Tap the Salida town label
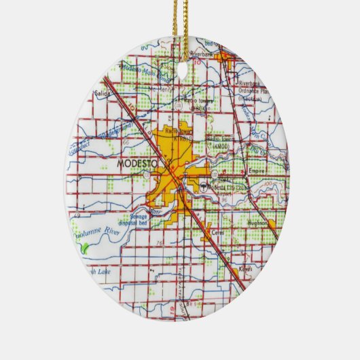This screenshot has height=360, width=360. pos(104,92)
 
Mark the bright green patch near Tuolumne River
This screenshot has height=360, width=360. pos(84,249)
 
